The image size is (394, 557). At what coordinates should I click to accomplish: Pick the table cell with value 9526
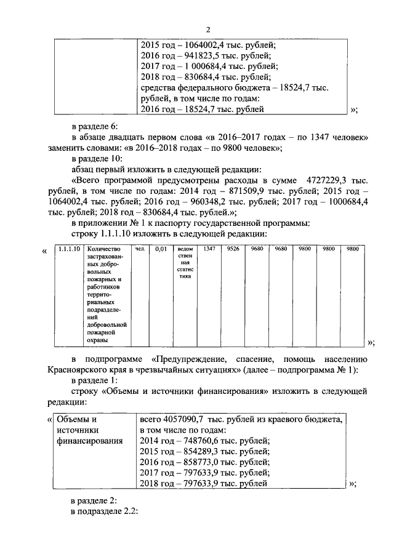(x=233, y=250)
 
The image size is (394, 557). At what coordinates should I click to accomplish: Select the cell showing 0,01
(x=161, y=250)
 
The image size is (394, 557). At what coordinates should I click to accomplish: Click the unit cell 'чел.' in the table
(x=140, y=250)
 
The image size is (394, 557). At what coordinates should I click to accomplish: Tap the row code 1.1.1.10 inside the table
(x=66, y=250)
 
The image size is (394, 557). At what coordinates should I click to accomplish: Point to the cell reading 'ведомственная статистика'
(x=185, y=263)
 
